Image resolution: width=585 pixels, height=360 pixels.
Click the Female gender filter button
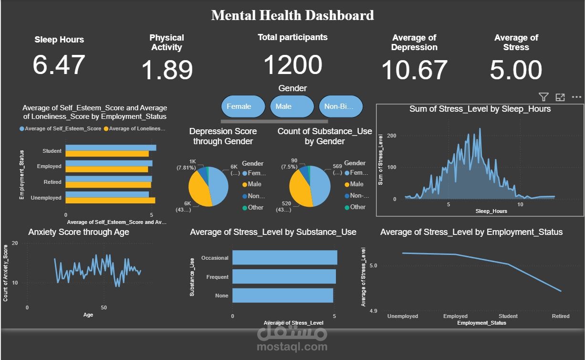pyautogui.click(x=243, y=106)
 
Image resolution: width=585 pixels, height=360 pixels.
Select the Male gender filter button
pyautogui.click(x=292, y=106)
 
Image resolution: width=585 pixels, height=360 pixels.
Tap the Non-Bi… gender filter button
pyautogui.click(x=341, y=106)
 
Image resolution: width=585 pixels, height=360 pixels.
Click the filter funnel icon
pyautogui.click(x=543, y=97)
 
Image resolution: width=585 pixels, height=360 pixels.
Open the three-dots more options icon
pyautogui.click(x=576, y=97)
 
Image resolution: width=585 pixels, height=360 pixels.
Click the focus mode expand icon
pyautogui.click(x=560, y=97)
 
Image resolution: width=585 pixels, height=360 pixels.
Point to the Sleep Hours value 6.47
pyautogui.click(x=59, y=65)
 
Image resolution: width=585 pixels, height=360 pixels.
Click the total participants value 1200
pyautogui.click(x=292, y=65)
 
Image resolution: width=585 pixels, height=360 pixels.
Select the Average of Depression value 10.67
pyautogui.click(x=414, y=70)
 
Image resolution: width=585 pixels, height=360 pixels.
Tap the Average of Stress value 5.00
pyautogui.click(x=516, y=70)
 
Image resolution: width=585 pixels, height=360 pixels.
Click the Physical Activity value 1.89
pyautogui.click(x=167, y=70)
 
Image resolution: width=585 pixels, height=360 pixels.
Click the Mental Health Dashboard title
pyautogui.click(x=292, y=15)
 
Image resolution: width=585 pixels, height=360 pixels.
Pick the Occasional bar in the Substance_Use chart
pyautogui.click(x=284, y=257)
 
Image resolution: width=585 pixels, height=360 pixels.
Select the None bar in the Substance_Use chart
pyautogui.click(x=282, y=296)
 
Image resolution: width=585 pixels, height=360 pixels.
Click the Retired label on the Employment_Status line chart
pyautogui.click(x=561, y=316)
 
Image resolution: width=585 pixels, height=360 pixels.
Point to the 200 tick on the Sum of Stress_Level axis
pyautogui.click(x=392, y=136)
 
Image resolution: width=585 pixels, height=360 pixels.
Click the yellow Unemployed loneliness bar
pyautogui.click(x=110, y=201)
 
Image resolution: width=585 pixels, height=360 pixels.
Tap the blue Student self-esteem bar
pyautogui.click(x=111, y=148)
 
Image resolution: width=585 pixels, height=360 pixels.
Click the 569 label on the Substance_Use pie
pyautogui.click(x=337, y=167)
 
